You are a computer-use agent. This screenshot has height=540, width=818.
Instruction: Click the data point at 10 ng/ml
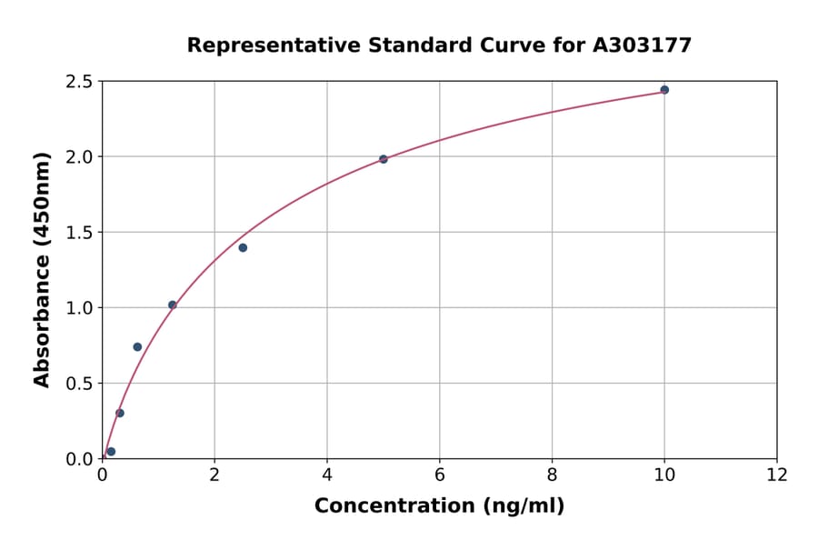(664, 90)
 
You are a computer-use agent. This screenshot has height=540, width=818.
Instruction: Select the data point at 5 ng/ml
(384, 159)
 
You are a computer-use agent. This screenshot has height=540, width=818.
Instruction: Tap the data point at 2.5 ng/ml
(243, 247)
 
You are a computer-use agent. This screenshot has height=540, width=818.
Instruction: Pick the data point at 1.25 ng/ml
(173, 305)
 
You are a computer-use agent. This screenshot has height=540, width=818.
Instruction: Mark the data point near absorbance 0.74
(137, 346)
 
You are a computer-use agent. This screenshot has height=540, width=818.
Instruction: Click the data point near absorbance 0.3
(120, 413)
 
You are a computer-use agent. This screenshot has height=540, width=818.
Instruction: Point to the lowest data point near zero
(111, 452)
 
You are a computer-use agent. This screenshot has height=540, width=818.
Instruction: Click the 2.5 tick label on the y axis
(80, 82)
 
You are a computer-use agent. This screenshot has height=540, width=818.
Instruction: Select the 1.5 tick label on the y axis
(80, 233)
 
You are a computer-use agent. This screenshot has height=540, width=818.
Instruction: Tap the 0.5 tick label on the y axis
(80, 384)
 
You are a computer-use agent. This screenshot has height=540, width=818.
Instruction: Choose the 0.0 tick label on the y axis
(80, 459)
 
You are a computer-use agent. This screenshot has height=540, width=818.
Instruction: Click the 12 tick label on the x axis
(777, 475)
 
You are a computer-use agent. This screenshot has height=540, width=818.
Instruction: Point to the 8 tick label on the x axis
(552, 475)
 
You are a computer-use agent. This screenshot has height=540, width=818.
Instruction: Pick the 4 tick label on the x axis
(327, 475)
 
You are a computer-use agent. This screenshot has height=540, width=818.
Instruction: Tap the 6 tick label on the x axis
(440, 475)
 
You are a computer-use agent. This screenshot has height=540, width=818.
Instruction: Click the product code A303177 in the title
(643, 45)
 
